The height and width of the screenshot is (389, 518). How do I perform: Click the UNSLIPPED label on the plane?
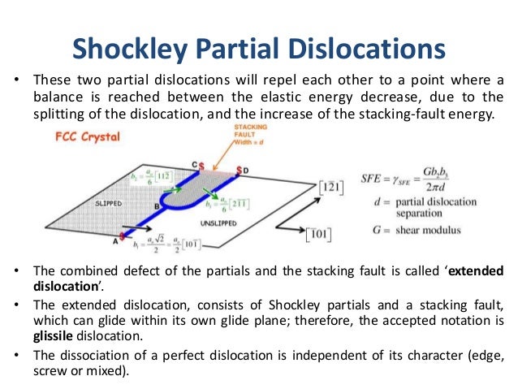[x=214, y=221]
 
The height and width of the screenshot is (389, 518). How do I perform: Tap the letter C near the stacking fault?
[x=195, y=165]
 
